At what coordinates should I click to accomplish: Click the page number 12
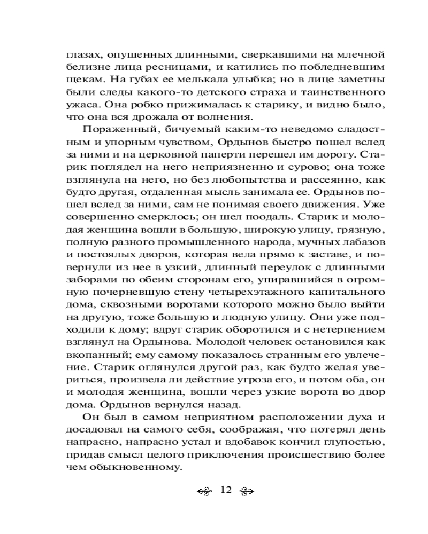[x=225, y=490]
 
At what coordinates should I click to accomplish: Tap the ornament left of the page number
[x=205, y=491]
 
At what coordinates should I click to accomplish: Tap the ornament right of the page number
[x=245, y=491]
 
